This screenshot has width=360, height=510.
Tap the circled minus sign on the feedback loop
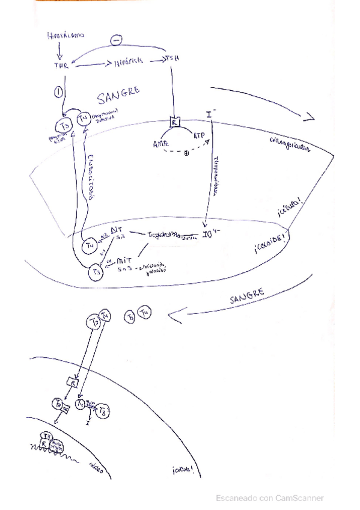coord(117,40)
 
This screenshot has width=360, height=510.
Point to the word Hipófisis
coord(128,63)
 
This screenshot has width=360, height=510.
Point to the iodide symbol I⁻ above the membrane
coord(212,114)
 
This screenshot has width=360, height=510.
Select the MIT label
coord(125,261)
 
